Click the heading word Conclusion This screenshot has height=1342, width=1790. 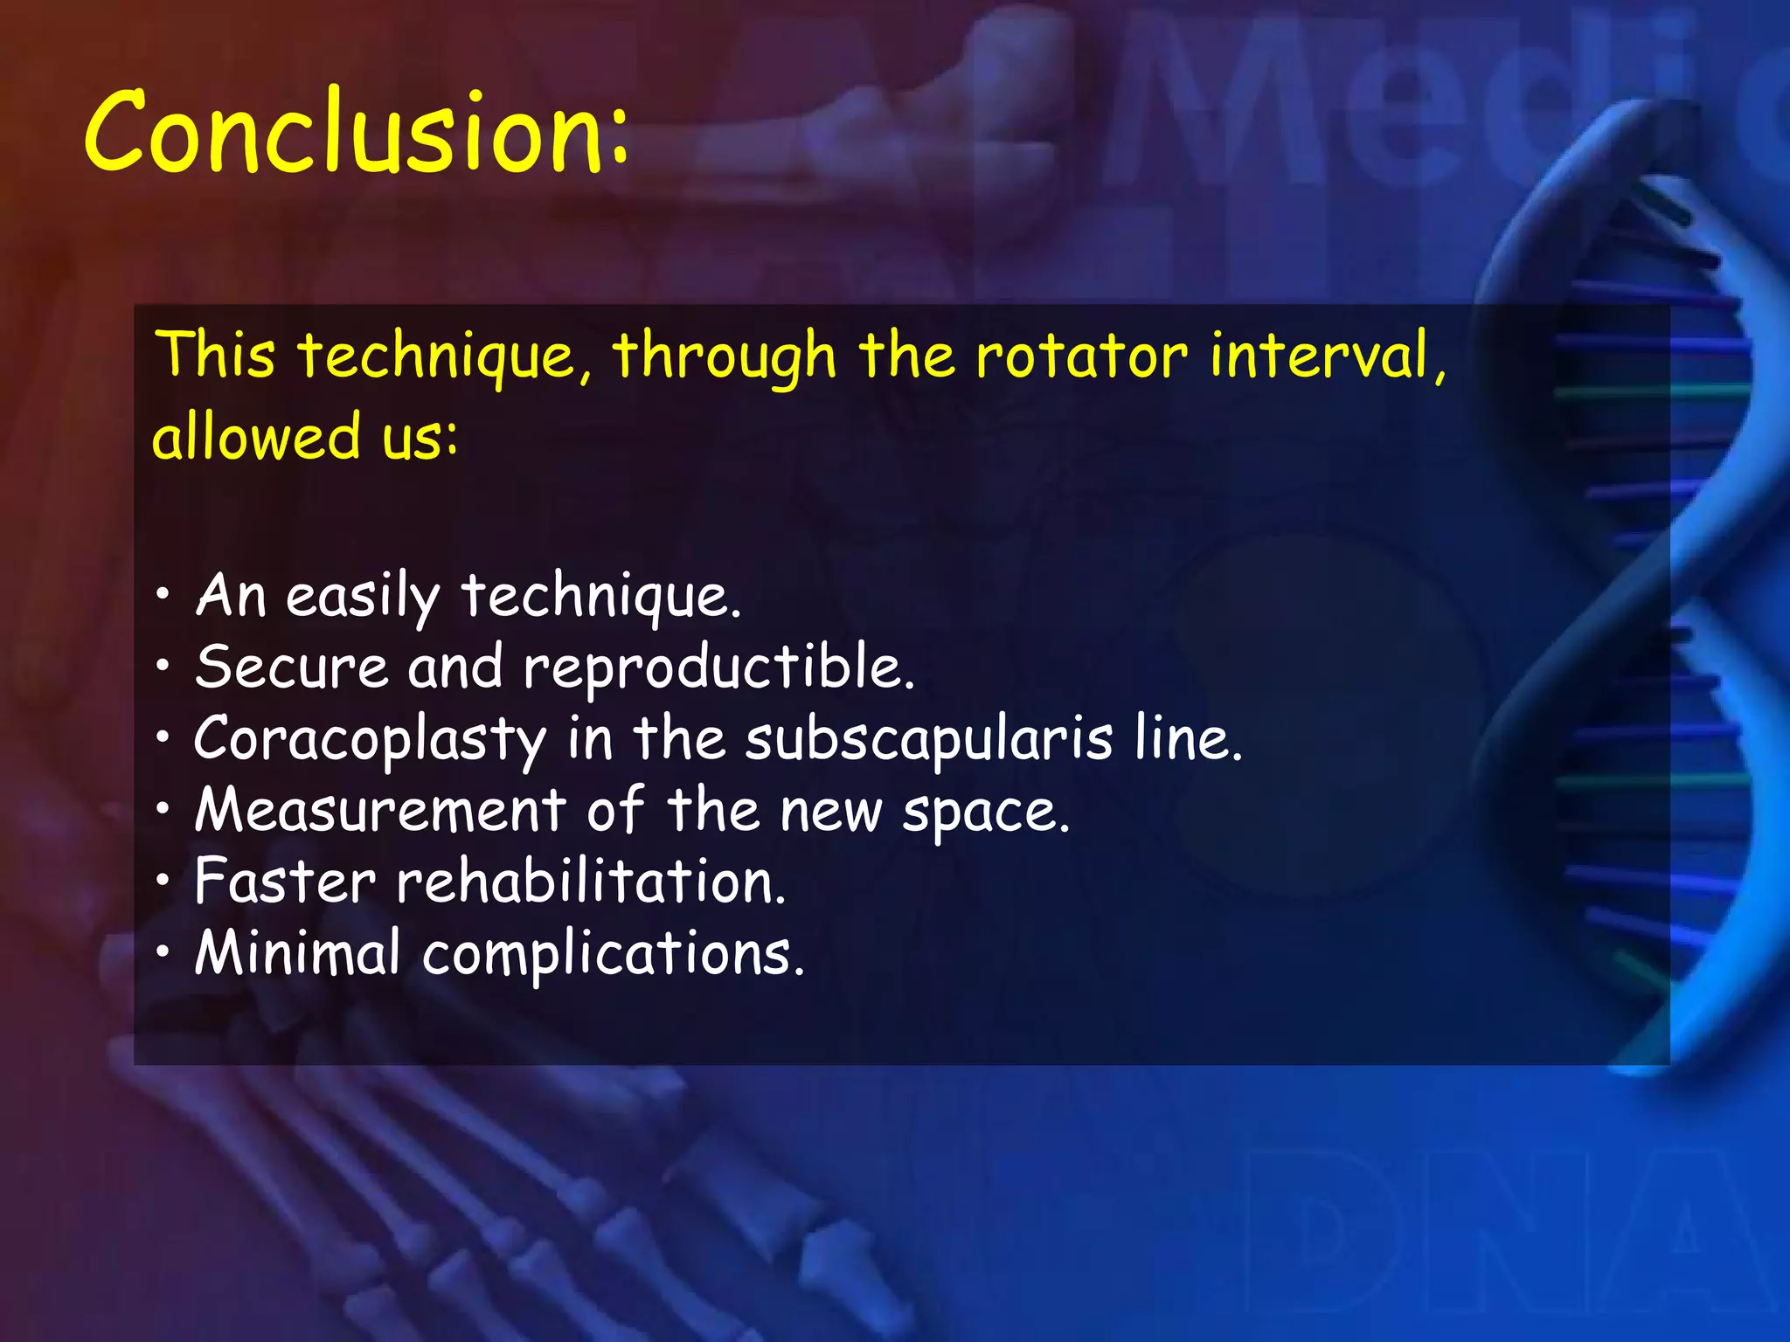coord(354,133)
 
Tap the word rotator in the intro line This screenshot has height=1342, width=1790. coord(1081,356)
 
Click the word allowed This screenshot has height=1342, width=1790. coord(256,436)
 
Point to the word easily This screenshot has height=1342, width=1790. coord(362,598)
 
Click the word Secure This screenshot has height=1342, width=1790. coord(291,668)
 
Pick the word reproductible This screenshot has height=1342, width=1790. coord(718,669)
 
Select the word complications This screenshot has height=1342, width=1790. coord(612,955)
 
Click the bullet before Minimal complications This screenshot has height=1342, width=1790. coord(163,954)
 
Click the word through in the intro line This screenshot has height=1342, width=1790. coord(724,357)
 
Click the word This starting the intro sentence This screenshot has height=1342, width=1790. coord(215,356)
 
